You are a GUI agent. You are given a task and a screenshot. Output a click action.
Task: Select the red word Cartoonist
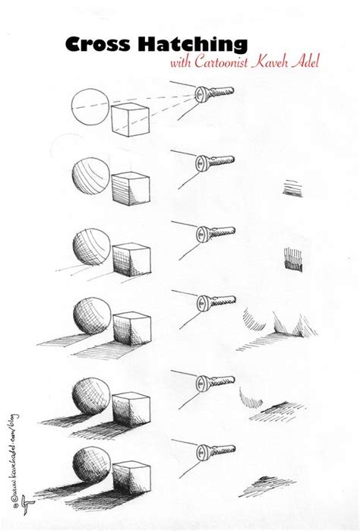225,62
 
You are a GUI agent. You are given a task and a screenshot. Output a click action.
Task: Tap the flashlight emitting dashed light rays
214,94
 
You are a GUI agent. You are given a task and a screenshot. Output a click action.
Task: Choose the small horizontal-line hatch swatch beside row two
292,185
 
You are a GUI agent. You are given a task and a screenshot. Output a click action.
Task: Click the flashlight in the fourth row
214,305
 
